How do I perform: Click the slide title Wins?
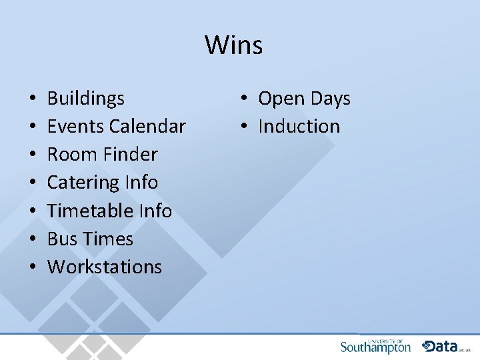point(233,45)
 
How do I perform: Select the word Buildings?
point(85,99)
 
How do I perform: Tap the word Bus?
point(61,239)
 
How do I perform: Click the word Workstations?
point(104,267)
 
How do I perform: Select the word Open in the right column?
point(279,99)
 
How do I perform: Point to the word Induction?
point(299,127)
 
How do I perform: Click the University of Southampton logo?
point(375,346)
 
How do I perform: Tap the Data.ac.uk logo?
point(445,346)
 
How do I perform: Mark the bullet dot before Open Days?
point(245,99)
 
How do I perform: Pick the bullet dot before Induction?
point(245,127)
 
